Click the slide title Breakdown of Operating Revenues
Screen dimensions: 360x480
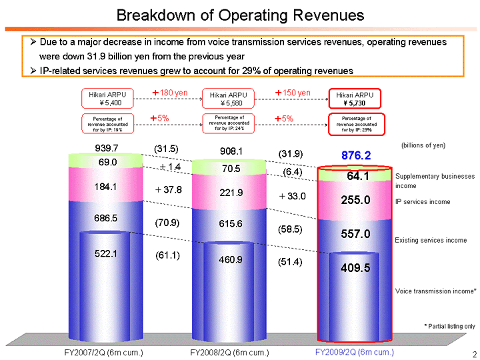240,15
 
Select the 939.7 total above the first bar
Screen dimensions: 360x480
105,147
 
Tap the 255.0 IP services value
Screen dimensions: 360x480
357,199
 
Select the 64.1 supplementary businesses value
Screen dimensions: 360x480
357,177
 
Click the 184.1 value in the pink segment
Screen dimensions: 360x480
105,187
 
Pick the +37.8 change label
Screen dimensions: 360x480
168,189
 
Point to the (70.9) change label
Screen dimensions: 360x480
167,223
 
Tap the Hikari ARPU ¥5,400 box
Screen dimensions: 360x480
108,99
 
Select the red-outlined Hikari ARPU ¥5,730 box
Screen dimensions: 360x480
355,99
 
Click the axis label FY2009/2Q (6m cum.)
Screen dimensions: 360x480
354,351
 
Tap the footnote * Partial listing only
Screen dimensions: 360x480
449,325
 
